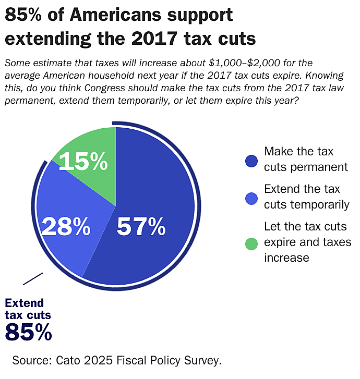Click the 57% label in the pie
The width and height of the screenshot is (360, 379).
(x=141, y=226)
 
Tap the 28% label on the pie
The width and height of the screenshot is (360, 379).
(x=66, y=226)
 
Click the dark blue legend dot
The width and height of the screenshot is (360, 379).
(x=251, y=160)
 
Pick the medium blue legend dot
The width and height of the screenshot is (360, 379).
(x=251, y=198)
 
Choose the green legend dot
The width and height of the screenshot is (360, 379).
(x=251, y=242)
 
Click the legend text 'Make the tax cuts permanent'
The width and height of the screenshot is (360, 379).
(x=306, y=159)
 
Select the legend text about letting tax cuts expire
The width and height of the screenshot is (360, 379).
(x=306, y=242)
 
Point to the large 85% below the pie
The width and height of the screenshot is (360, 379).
(x=28, y=332)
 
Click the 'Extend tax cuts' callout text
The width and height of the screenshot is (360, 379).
(x=28, y=309)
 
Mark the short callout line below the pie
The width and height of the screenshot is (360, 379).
(x=33, y=278)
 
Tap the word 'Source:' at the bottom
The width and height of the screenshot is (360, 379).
(x=32, y=360)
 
